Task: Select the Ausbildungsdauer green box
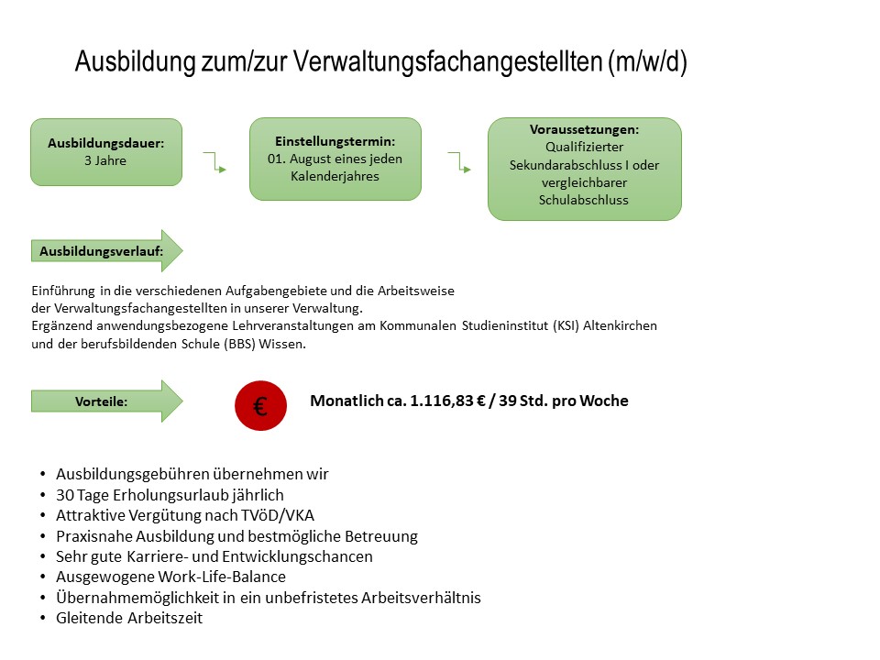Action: pyautogui.click(x=106, y=152)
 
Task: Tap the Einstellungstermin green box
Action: pyautogui.click(x=335, y=159)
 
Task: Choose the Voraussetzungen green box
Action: pyautogui.click(x=585, y=169)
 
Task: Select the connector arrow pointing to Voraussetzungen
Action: pyautogui.click(x=459, y=162)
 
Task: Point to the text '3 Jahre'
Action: pyautogui.click(x=104, y=160)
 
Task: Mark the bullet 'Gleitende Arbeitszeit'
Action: pyautogui.click(x=129, y=618)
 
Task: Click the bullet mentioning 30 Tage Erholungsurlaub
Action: pyautogui.click(x=170, y=495)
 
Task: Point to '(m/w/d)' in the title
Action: pyautogui.click(x=646, y=62)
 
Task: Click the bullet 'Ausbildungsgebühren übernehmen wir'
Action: pyautogui.click(x=192, y=474)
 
